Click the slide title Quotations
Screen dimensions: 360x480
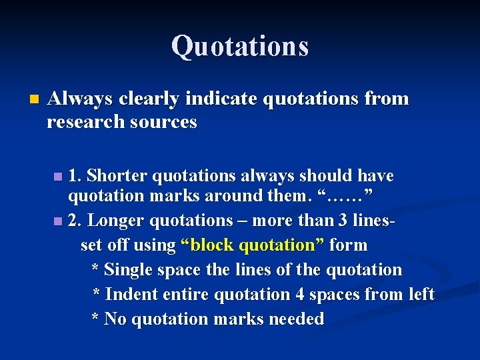pyautogui.click(x=240, y=47)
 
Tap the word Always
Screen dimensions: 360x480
pyautogui.click(x=81, y=99)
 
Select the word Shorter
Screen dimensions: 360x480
pyautogui.click(x=117, y=176)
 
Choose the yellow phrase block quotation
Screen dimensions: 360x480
pyautogui.click(x=253, y=245)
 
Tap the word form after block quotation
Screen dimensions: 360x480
pyautogui.click(x=349, y=245)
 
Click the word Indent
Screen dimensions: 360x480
pyautogui.click(x=132, y=294)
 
